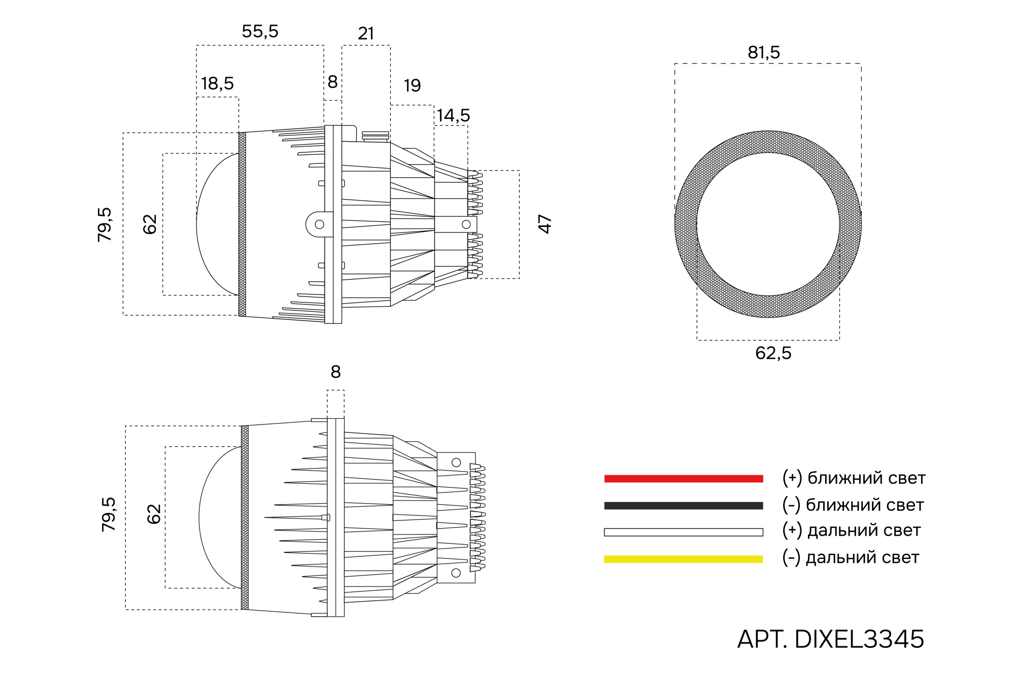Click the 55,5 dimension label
click(x=260, y=31)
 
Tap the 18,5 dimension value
click(x=217, y=83)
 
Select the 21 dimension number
click(x=366, y=34)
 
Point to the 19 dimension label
click(x=412, y=85)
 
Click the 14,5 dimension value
click(x=453, y=115)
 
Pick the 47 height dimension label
click(x=545, y=224)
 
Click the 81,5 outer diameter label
click(x=764, y=52)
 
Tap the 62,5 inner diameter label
click(x=773, y=353)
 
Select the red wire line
click(x=684, y=478)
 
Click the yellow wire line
click(x=684, y=559)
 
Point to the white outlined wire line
click(x=684, y=532)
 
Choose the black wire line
click(x=684, y=506)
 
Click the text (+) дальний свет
click(x=851, y=531)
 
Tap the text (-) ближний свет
click(x=853, y=505)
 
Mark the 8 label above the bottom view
click(x=335, y=372)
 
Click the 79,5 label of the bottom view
click(x=109, y=514)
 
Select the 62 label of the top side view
click(x=150, y=224)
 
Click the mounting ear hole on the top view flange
click(x=319, y=224)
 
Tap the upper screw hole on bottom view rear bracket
click(x=456, y=462)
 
